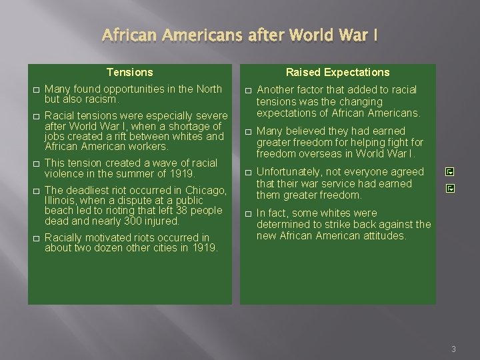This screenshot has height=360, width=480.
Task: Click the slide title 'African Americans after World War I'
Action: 239,35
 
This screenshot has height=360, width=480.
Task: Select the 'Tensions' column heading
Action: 130,72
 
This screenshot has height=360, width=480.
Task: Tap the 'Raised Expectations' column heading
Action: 338,72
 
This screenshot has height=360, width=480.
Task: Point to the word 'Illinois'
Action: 61,201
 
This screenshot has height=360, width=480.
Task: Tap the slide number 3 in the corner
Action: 453,349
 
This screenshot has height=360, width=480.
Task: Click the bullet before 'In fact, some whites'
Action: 247,214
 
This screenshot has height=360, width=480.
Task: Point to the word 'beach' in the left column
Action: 58,211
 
